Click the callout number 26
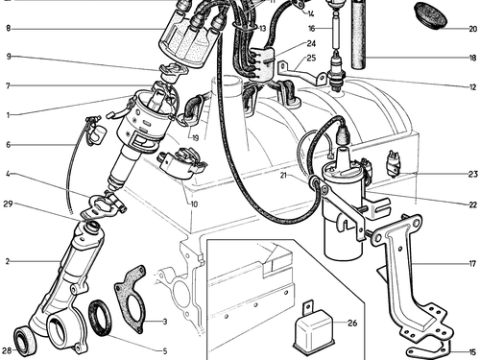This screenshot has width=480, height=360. point(352,323)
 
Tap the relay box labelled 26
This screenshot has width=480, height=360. point(314,329)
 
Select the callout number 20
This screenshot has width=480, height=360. point(472,29)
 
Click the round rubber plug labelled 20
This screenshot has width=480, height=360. point(431,15)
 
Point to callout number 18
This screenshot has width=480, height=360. point(472,58)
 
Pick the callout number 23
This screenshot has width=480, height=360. point(472,174)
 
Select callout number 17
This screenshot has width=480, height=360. point(472,264)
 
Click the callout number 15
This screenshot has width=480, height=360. point(472,352)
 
